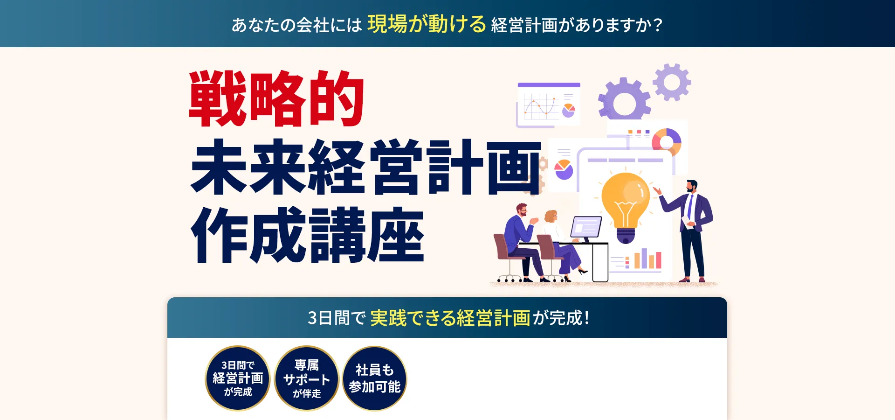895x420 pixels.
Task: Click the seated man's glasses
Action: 523,211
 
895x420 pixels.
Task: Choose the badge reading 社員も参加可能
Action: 375,378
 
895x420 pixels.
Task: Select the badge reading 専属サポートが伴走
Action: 307,378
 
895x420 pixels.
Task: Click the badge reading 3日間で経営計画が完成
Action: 238,378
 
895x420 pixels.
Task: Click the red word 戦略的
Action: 276,98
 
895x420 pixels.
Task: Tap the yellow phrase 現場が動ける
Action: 427,24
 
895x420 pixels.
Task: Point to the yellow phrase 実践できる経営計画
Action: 450,318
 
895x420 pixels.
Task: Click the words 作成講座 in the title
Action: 308,235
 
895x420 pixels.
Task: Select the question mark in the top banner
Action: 658,25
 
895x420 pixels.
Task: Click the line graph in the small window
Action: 541,106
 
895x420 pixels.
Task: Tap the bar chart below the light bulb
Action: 647,259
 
